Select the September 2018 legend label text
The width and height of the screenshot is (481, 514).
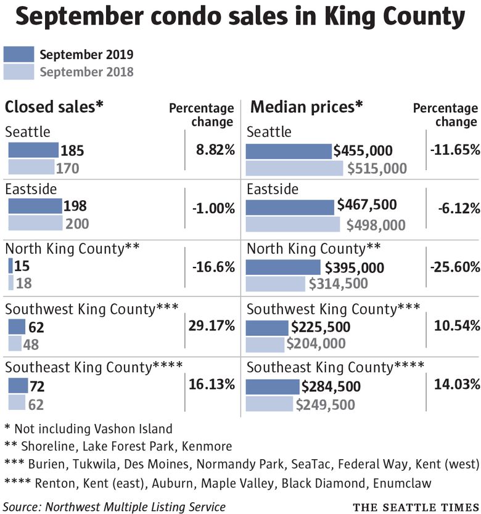tap(86, 71)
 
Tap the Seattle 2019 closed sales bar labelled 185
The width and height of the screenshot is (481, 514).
tap(33, 151)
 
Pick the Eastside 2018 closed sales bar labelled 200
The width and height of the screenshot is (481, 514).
tap(35, 223)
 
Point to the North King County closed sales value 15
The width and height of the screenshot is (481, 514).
tap(23, 267)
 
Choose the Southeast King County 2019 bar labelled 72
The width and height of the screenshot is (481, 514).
tap(18, 386)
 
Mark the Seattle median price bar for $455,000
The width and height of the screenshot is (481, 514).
tap(289, 151)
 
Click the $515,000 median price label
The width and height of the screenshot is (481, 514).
tap(377, 168)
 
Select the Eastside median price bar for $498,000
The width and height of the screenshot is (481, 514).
tap(293, 224)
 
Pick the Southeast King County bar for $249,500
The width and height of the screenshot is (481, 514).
tap(269, 404)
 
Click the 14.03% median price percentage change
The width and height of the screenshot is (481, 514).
tap(456, 385)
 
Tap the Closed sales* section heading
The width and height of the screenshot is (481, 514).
tap(54, 107)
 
